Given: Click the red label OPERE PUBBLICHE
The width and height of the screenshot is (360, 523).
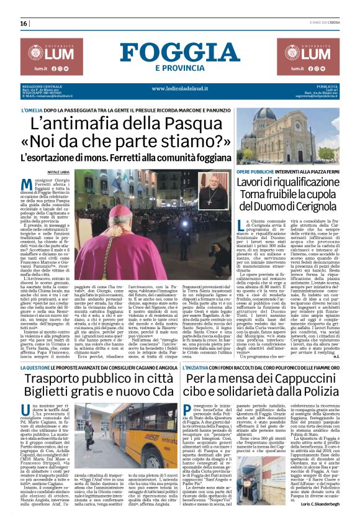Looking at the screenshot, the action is (259, 170).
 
